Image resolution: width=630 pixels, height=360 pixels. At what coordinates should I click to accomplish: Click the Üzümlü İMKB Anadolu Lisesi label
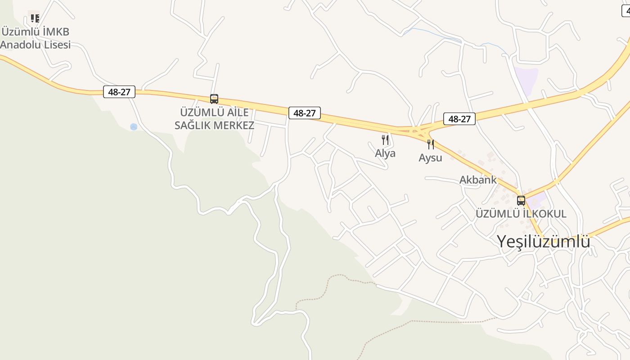coord(36,38)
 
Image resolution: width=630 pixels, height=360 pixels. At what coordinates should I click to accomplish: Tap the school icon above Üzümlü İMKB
coord(35,18)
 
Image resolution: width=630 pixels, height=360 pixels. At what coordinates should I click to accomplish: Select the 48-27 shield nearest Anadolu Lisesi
coord(119,92)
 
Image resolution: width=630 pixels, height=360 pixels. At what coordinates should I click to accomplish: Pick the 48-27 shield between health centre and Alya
coord(304,113)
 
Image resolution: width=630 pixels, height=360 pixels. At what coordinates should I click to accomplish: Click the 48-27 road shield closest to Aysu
coord(459,119)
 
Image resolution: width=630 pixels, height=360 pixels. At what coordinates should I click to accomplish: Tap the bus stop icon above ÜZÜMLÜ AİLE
coord(214,99)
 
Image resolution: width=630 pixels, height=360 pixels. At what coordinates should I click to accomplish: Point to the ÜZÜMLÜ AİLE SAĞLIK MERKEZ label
coord(214,119)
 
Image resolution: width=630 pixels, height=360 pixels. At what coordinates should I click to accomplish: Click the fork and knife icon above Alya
coord(385,139)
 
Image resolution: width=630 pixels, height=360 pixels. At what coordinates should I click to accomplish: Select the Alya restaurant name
coord(385,153)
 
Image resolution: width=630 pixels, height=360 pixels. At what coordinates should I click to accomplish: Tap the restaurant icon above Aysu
coord(431,144)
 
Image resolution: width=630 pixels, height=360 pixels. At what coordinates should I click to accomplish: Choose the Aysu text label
coord(430,158)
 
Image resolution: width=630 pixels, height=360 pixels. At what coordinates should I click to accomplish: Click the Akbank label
coord(478,180)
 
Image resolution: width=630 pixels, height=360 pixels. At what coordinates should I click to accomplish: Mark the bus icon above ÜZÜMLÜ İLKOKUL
coord(521,200)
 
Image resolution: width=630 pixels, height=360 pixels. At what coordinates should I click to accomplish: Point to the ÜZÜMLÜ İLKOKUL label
coord(521,214)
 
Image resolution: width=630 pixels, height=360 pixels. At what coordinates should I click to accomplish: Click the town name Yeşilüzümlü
coord(543,242)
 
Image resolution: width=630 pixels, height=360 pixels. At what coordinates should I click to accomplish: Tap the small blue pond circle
coord(134,127)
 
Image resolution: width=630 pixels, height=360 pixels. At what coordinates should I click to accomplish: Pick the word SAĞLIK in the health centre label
coord(194,126)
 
